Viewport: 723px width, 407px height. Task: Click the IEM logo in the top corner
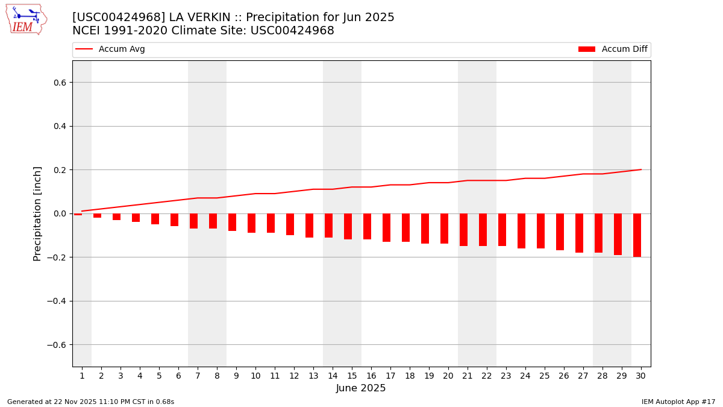tap(26, 19)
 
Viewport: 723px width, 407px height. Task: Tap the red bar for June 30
tap(637, 235)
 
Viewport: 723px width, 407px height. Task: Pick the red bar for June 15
tap(348, 226)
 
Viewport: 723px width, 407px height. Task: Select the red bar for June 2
tap(97, 215)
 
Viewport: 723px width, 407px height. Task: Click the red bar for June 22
tap(483, 230)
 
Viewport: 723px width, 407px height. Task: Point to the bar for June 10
tap(251, 223)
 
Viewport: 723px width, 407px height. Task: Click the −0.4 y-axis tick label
tap(57, 301)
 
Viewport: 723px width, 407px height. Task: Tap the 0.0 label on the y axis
tap(60, 213)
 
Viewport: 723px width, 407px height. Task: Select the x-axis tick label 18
tap(410, 376)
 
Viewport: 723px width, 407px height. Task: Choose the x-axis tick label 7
tap(198, 376)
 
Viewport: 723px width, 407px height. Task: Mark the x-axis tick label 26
tap(564, 376)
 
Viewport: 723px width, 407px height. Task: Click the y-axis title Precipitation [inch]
tap(37, 213)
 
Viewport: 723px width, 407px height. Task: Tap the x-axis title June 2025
tap(361, 388)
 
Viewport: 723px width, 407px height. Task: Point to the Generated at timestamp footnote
tap(90, 402)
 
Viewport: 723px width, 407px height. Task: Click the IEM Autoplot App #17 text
tap(678, 402)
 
